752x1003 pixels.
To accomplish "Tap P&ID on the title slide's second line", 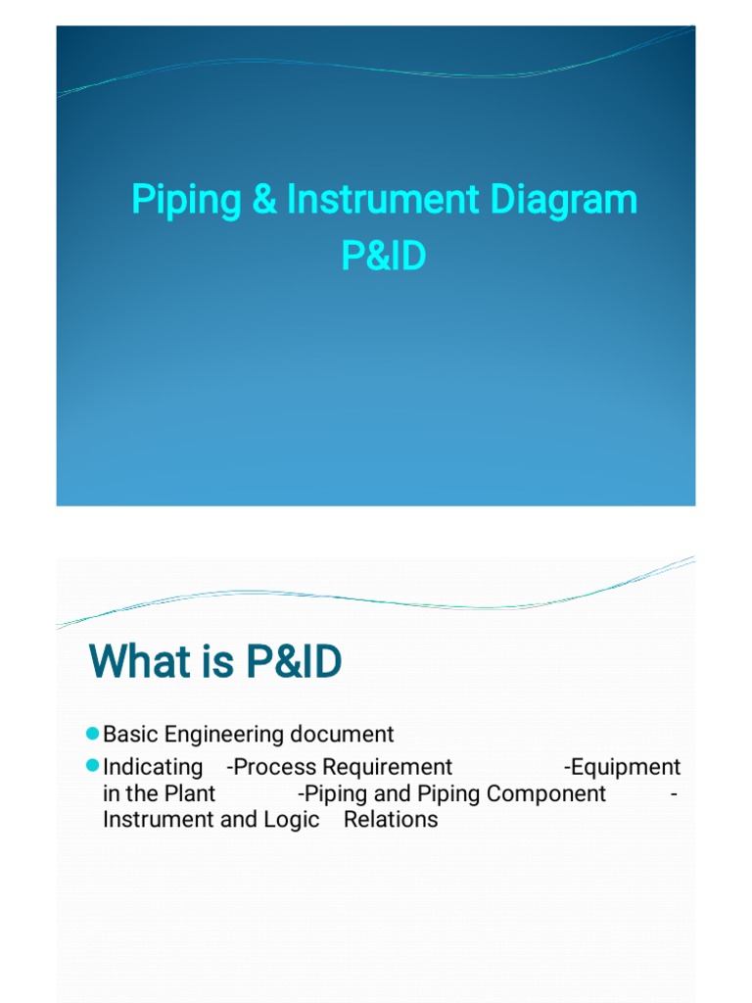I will click(384, 256).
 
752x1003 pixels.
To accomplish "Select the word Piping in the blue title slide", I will click(187, 201).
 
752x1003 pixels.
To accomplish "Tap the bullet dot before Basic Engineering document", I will click(93, 734).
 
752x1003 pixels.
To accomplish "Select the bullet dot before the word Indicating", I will click(93, 765).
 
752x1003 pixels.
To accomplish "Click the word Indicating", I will click(153, 767).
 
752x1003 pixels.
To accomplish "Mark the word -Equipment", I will click(623, 767).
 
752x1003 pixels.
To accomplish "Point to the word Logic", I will click(291, 820).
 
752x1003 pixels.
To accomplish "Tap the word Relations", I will click(391, 820).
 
